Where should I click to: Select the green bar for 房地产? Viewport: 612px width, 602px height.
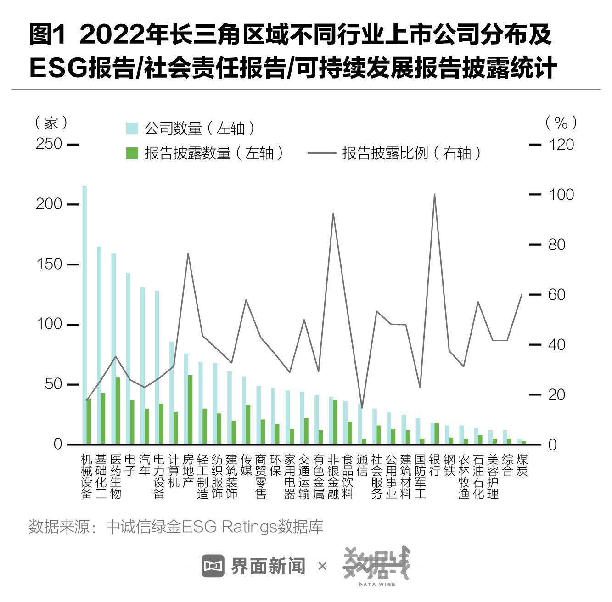tap(190, 410)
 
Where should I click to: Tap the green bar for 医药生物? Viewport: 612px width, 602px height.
tap(118, 411)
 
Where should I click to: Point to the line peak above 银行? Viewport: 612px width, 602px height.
tap(434, 195)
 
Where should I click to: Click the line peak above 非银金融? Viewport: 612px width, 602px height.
tap(333, 214)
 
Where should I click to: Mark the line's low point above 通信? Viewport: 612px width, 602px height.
tap(362, 407)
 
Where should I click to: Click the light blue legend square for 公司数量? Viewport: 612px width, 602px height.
tap(132, 129)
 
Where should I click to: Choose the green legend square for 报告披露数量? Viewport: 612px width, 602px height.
tap(132, 153)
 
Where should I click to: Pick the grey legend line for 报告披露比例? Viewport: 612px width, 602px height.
tap(321, 153)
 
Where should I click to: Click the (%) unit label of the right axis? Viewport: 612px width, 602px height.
tap(561, 123)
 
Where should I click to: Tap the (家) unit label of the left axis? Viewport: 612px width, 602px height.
tap(51, 123)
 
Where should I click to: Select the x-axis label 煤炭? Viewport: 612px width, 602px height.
tap(522, 465)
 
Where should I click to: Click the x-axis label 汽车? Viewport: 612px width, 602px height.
tap(145, 465)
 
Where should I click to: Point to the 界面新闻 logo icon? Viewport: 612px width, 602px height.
tap(213, 566)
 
